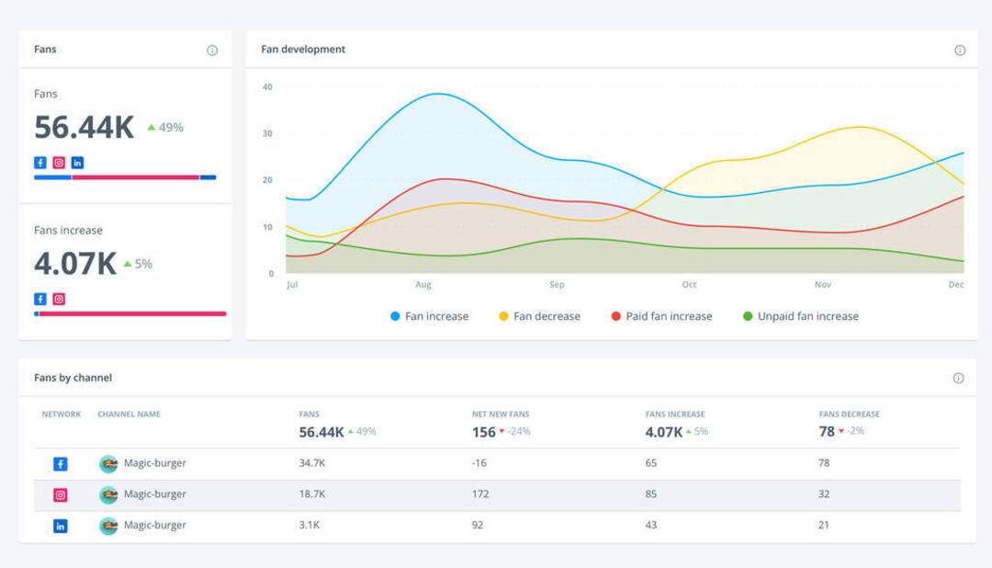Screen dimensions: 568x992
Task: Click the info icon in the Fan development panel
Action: pos(960,51)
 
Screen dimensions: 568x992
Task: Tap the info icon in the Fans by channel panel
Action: pos(958,378)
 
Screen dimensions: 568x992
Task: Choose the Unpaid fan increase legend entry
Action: pos(800,316)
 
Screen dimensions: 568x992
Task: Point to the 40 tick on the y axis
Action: pos(267,87)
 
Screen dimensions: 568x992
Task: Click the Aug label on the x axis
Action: pos(423,285)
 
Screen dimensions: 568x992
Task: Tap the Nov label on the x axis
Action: pos(823,285)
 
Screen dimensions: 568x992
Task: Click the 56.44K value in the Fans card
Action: pos(85,128)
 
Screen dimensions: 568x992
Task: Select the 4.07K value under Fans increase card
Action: pos(75,264)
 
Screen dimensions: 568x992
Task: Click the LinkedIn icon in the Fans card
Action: pos(77,163)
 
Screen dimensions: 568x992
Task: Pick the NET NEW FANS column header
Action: pos(501,415)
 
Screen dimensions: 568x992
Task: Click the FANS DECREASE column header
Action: pos(849,415)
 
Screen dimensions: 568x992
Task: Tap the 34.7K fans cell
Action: pos(312,463)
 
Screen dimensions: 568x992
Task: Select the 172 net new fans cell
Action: pos(479,494)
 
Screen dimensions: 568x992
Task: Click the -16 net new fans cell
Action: pos(479,463)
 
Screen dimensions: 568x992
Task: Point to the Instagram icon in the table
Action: pos(61,495)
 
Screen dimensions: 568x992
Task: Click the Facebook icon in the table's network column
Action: pos(61,464)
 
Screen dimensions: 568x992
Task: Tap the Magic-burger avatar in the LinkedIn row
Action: pos(108,526)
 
